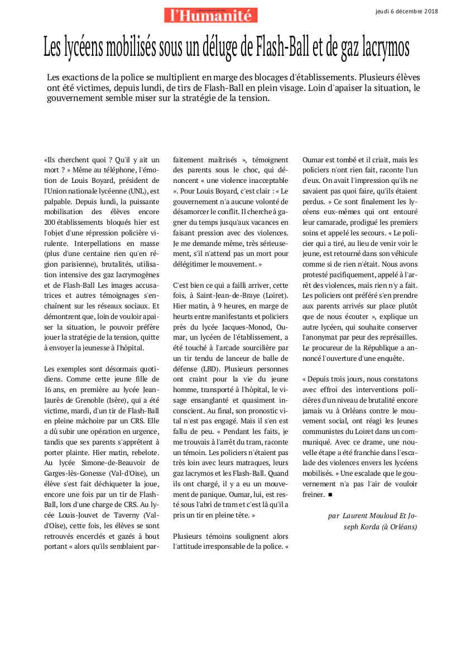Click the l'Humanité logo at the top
[x=211, y=15]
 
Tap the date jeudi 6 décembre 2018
[x=407, y=11]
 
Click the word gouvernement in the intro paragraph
[x=78, y=98]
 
